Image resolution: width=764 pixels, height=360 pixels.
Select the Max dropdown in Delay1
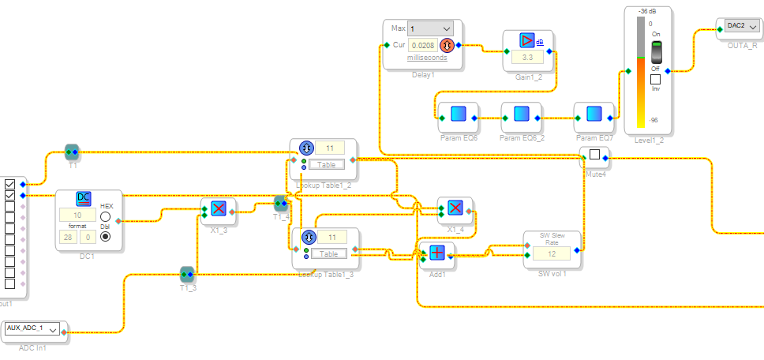point(430,28)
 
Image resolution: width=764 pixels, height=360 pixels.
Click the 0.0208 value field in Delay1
point(423,45)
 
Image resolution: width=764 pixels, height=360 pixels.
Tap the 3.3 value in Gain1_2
point(528,58)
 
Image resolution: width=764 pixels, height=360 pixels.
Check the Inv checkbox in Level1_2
point(655,79)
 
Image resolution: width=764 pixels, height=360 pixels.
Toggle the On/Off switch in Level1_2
point(655,53)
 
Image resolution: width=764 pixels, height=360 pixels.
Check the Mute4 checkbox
point(595,155)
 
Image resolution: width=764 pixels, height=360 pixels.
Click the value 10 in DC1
point(79,215)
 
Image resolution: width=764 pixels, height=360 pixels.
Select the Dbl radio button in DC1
point(106,236)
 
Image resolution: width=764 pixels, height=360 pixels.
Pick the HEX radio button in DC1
point(106,216)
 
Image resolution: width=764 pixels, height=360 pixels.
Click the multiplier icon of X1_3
point(219,208)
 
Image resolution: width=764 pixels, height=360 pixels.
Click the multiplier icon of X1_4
point(455,207)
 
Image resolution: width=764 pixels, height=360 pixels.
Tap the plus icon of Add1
point(437,252)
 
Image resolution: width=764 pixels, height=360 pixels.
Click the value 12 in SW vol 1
point(552,253)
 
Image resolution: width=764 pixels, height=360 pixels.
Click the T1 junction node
point(72,151)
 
